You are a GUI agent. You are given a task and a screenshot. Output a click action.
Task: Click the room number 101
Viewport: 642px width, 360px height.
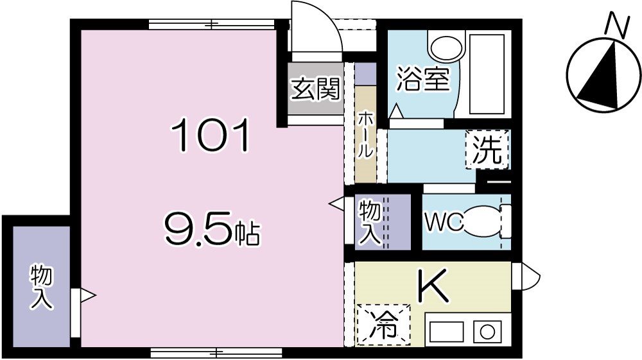pos(209,137)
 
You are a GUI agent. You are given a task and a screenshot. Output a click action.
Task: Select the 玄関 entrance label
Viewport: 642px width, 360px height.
pos(315,89)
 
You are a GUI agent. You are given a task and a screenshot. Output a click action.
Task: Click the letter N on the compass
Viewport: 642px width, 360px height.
pos(617,26)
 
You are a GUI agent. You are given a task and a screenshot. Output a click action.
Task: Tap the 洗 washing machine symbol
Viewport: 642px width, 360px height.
pos(487,150)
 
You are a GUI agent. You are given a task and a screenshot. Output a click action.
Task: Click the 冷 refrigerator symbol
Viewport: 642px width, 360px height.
pos(383,324)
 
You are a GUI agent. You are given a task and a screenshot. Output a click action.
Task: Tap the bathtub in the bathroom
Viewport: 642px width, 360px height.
pos(487,74)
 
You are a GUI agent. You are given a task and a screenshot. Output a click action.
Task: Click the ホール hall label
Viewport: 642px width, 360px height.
pos(364,135)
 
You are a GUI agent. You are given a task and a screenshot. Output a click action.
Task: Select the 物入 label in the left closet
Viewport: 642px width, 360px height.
pos(42,288)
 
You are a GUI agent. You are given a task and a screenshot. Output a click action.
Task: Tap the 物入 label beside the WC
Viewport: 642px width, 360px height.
pos(370,222)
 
